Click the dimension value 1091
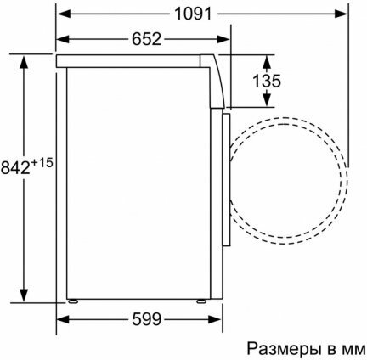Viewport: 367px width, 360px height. pos(193,14)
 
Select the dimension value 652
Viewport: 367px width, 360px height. pos(146,39)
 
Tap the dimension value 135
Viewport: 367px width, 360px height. pos(267,81)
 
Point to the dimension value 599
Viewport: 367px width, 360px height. pos(147,319)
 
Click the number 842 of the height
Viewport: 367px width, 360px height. pos(15,168)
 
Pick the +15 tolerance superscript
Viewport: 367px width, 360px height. pos(42,163)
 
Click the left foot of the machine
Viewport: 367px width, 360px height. pos(73,301)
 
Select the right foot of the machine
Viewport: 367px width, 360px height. pos(201,301)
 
